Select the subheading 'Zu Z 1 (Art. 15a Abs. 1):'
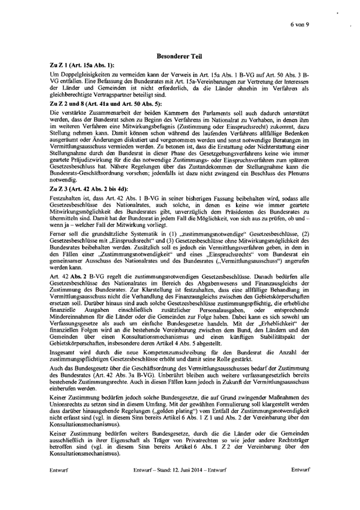coord(83,66)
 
